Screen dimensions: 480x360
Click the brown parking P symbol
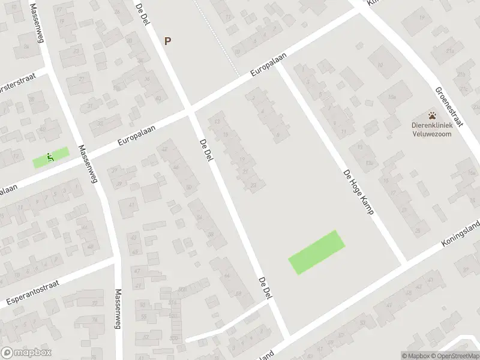tap(168, 41)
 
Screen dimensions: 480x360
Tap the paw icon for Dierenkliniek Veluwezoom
tap(432, 115)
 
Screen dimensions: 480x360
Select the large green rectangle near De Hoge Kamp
tap(317, 253)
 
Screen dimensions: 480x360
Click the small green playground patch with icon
tap(51, 158)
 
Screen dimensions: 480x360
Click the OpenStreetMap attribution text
tap(455, 356)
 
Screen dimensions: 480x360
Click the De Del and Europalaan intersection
tap(190, 112)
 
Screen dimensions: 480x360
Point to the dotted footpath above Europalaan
tap(223, 36)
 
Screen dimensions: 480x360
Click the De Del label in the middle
tap(205, 152)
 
